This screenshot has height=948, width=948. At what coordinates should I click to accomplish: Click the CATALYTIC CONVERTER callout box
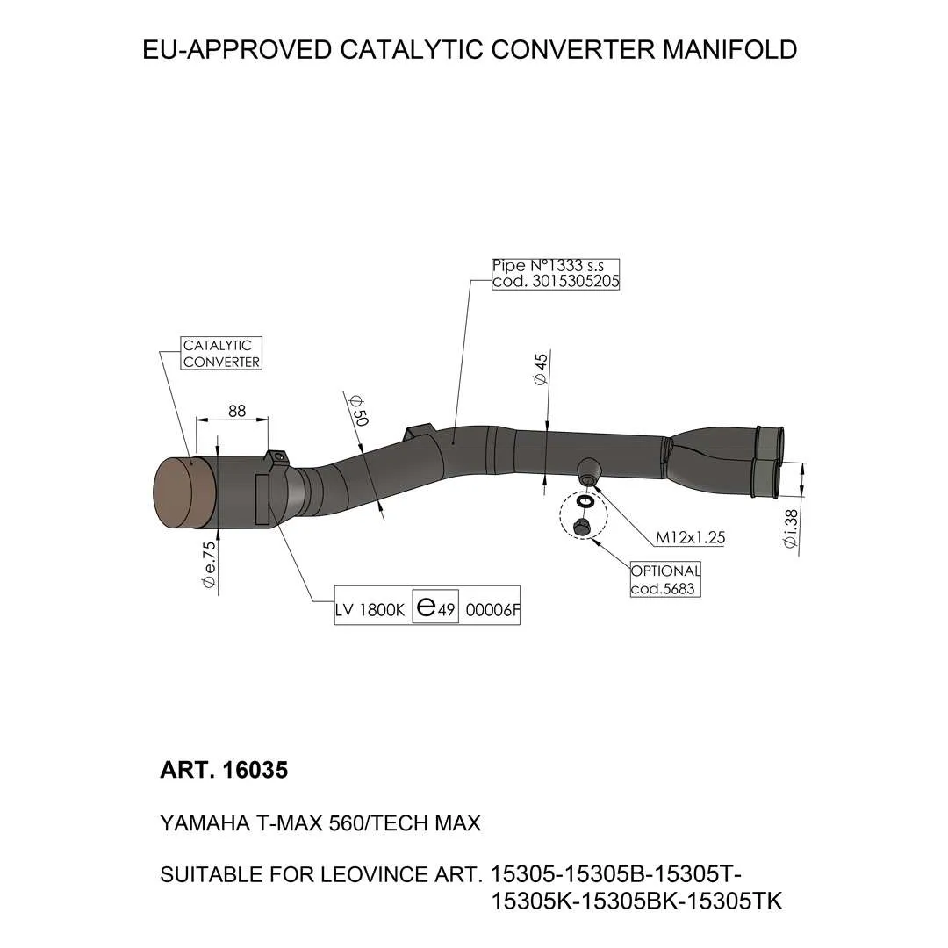[x=221, y=353]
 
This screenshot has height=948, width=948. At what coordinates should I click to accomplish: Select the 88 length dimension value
[x=237, y=411]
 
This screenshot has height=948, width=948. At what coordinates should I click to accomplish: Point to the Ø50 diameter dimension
[x=358, y=411]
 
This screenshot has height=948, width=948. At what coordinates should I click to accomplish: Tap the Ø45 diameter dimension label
[x=540, y=369]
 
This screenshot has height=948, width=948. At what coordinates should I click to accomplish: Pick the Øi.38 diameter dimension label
[x=790, y=528]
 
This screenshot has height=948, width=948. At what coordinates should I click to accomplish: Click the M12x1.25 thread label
[x=691, y=537]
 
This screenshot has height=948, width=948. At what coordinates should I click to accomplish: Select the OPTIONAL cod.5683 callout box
[x=665, y=579]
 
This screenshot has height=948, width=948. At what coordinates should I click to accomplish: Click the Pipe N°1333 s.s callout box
[x=556, y=274]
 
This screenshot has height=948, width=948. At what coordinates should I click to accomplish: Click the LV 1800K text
[x=370, y=610]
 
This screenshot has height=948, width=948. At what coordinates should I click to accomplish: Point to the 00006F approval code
[x=492, y=610]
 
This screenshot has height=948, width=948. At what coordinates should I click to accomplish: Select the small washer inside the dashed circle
[x=585, y=501]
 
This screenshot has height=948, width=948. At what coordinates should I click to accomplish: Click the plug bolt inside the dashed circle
[x=582, y=526]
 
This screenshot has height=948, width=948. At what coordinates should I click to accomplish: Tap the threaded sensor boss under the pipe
[x=588, y=471]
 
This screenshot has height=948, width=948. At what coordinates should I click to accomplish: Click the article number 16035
[x=255, y=771]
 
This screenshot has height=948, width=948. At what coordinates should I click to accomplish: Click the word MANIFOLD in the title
[x=729, y=49]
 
